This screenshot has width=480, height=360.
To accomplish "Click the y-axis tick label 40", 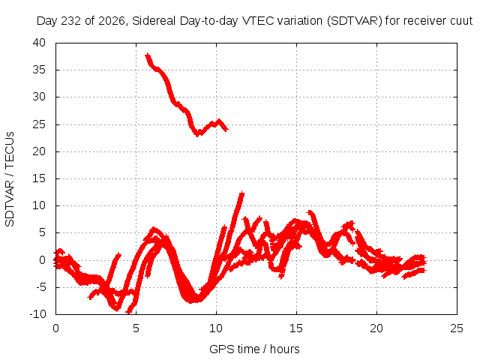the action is click(x=39, y=43).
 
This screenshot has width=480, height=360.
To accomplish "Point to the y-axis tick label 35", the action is click(x=39, y=70).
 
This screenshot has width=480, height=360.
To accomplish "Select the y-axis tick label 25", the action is click(x=39, y=124).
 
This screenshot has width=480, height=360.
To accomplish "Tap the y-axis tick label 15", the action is click(x=39, y=178).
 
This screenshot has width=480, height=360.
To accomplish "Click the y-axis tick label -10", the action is click(x=37, y=314).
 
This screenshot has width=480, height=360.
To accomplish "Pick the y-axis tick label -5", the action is click(x=40, y=287).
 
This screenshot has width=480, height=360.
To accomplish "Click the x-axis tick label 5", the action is click(x=136, y=328).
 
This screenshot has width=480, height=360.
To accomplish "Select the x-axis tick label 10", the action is click(x=216, y=328).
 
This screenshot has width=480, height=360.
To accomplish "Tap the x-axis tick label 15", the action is click(x=296, y=328).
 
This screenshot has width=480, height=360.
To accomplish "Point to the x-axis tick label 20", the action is click(x=376, y=328).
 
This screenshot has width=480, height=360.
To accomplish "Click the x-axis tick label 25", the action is click(x=457, y=328).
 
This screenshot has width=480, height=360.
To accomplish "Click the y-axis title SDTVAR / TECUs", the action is click(x=10, y=179).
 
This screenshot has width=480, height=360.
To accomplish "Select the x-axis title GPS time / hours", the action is click(x=254, y=349).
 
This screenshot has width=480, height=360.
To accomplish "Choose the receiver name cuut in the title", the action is click(x=461, y=21).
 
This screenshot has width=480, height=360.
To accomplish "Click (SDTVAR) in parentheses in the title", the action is click(x=355, y=21).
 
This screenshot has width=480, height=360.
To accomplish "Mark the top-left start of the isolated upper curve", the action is click(x=148, y=55).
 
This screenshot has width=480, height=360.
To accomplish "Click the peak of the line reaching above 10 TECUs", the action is click(x=242, y=193).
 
